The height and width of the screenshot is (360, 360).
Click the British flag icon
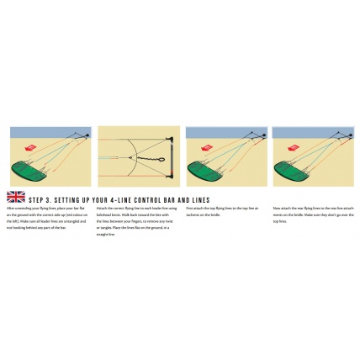[x=15, y=197]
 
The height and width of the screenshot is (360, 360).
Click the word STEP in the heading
[x=37, y=200]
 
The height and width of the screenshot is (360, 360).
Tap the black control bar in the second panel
[x=174, y=157]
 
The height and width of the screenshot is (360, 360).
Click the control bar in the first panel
[x=87, y=134]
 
